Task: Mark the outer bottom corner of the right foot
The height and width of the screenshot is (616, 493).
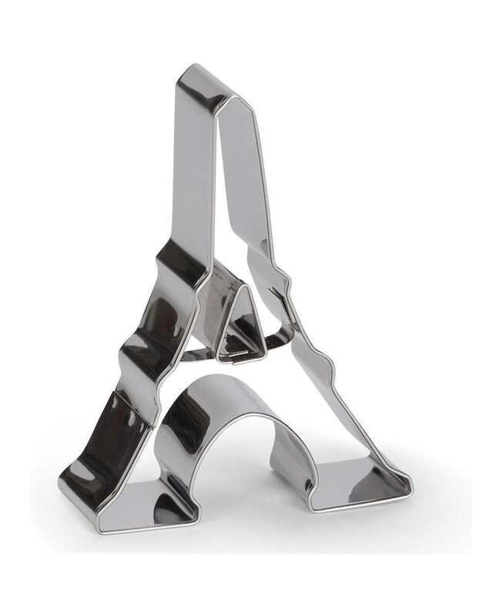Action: point(409,494)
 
